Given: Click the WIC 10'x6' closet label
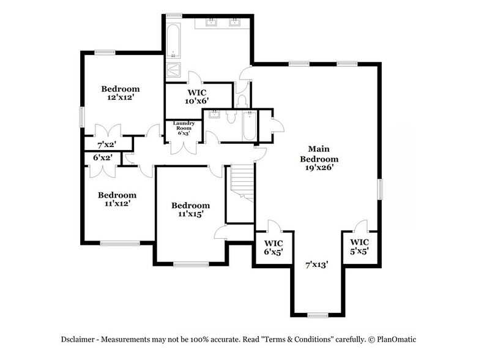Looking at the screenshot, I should pos(198,96).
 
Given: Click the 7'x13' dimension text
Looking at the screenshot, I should pos(318,265).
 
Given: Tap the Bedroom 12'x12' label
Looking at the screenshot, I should pos(121,92).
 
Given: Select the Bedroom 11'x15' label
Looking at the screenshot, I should pos(190,209).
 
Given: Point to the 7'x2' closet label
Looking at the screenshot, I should pos(108,145).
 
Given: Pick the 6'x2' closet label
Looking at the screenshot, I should pos(103,158).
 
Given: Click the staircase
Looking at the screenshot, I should pos(241,184).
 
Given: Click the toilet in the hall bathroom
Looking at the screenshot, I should pos(231,118).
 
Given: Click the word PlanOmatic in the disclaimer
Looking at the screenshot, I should pos(401,339).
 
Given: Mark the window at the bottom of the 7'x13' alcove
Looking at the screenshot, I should pos(318,315).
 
